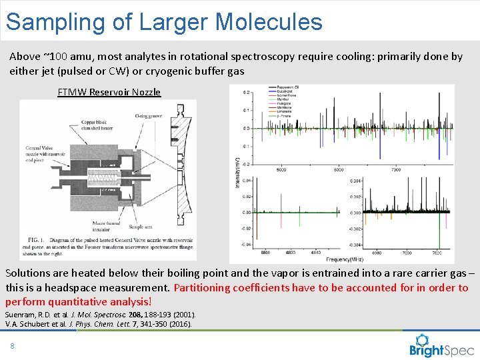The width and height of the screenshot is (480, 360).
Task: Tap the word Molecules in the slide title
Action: pyautogui.click(x=269, y=21)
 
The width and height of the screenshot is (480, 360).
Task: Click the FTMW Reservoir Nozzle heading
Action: pyautogui.click(x=109, y=92)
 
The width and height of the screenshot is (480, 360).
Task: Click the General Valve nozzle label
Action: pyautogui.click(x=44, y=155)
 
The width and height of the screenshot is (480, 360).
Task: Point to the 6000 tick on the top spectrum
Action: pyautogui.click(x=338, y=169)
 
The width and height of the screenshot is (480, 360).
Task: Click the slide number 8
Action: pyautogui.click(x=12, y=345)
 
